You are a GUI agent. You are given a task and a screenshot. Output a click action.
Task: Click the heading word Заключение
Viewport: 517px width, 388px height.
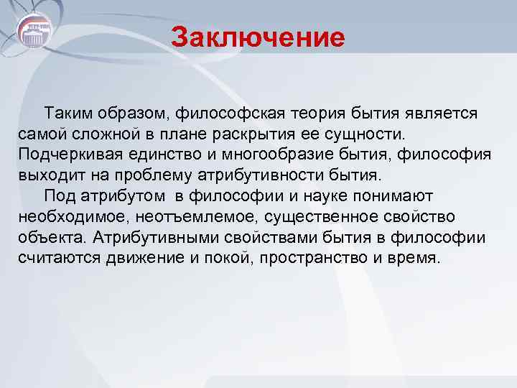258,37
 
